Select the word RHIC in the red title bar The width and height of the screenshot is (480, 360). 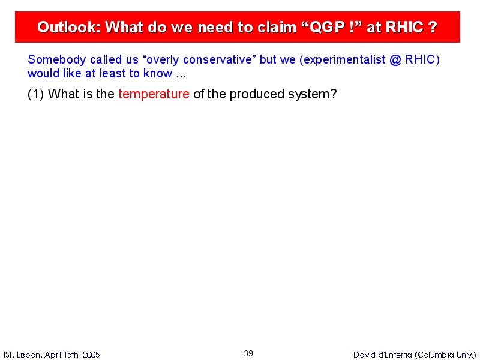tap(404, 27)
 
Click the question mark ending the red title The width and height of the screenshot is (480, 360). tap(433, 27)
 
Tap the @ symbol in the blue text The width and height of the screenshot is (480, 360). tap(395, 59)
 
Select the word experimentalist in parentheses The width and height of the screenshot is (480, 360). tap(344, 59)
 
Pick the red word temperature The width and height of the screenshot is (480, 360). tap(154, 94)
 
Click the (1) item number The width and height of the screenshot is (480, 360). tap(35, 94)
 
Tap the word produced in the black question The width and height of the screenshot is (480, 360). tap(257, 94)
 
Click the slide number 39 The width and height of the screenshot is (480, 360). tap(248, 353)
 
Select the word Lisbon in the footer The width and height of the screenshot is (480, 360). tap(29, 355)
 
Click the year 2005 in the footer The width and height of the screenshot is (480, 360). tap(91, 355)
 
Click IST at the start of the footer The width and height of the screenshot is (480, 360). tap(8, 355)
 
